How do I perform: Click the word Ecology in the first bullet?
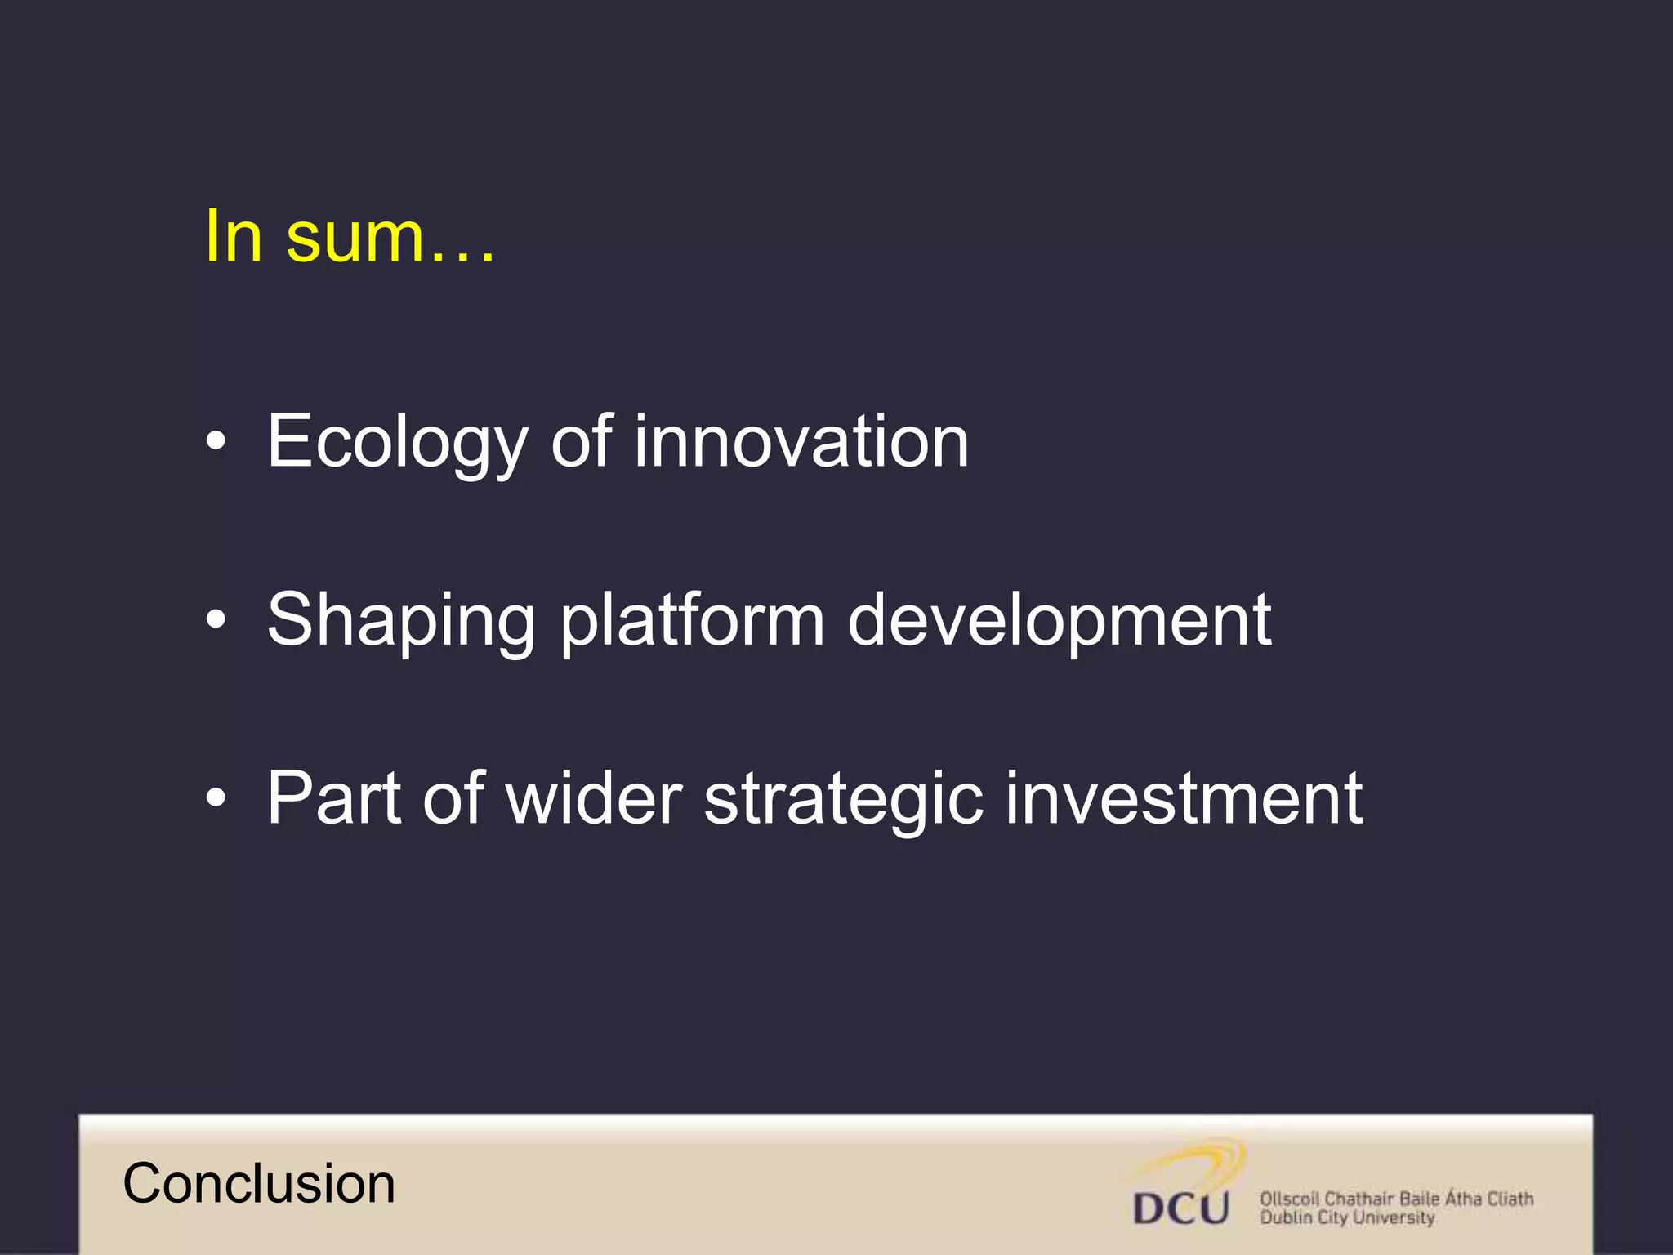398,444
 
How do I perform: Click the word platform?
692,621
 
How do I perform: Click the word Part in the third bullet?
333,798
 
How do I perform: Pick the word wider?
594,798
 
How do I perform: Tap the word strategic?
843,800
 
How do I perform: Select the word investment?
1183,798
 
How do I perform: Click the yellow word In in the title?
234,236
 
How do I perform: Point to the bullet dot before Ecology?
216,443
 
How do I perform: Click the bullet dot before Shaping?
216,621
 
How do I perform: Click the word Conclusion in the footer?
259,1184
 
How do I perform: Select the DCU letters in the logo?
1180,1208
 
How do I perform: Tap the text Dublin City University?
1346,1218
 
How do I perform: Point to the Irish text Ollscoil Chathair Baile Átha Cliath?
1396,1199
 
